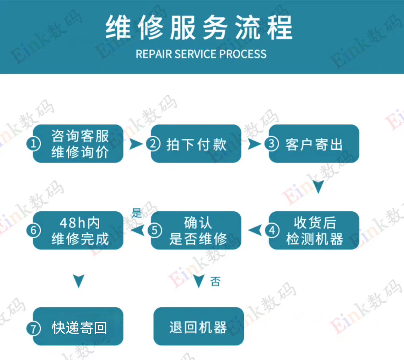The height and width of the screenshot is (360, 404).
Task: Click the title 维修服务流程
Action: (x=199, y=28)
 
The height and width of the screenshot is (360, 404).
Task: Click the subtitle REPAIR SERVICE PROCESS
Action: (x=201, y=54)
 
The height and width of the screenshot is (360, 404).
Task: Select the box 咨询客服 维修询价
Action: (x=78, y=144)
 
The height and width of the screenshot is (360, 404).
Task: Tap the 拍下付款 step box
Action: (x=196, y=144)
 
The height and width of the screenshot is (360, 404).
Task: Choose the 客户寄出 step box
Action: (x=314, y=144)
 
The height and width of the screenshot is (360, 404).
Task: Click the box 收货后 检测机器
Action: (x=314, y=230)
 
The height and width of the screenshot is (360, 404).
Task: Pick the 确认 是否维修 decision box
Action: (x=196, y=230)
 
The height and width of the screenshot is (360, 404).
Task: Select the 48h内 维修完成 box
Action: (x=78, y=230)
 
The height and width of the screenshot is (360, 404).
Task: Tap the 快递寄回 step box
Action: (x=78, y=327)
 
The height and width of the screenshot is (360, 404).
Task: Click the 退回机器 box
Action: (x=198, y=327)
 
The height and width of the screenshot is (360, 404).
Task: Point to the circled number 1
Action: (x=34, y=144)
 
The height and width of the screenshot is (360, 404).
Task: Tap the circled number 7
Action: (x=34, y=329)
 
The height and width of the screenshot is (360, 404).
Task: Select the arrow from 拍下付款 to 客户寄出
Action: (x=254, y=144)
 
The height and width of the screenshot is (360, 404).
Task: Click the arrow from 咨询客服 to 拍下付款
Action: (x=136, y=144)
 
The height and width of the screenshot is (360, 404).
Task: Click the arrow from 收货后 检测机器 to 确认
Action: (x=255, y=230)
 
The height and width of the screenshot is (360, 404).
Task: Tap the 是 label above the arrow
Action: (x=137, y=214)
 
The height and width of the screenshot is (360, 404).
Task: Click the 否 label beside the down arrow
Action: (x=215, y=281)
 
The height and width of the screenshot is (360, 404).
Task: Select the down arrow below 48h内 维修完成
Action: (x=78, y=281)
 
